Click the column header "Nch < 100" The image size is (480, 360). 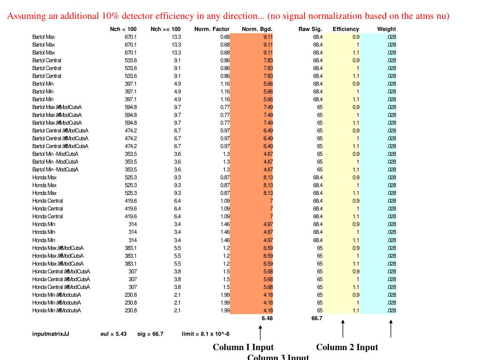click(x=123, y=29)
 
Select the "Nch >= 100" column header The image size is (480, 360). click(x=166, y=29)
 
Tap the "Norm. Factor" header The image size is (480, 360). click(x=212, y=29)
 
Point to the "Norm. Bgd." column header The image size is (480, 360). click(x=257, y=29)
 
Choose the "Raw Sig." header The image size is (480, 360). click(x=310, y=29)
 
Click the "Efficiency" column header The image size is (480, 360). click(x=346, y=29)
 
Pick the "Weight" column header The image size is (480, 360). click(x=386, y=29)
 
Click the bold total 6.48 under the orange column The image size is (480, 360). click(x=267, y=318)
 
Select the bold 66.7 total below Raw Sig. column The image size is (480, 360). click(x=317, y=318)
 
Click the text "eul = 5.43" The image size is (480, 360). click(x=114, y=334)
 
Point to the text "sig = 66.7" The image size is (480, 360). click(x=150, y=334)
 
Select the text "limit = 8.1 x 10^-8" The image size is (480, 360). click(x=206, y=334)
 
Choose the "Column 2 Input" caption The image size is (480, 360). click(x=347, y=347)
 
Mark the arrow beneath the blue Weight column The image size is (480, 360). click(x=390, y=329)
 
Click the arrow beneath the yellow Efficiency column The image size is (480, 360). click(x=343, y=329)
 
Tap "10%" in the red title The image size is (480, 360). click(x=109, y=16)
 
